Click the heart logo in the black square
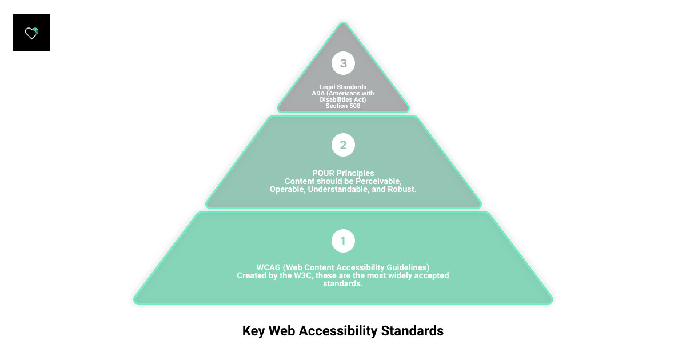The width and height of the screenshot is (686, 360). tap(31, 33)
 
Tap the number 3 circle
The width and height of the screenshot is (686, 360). tap(343, 63)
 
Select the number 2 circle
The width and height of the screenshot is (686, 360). tap(343, 145)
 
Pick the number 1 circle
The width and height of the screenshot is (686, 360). tap(343, 241)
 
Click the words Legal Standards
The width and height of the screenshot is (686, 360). tap(343, 87)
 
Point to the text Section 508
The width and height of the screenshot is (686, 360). tap(343, 106)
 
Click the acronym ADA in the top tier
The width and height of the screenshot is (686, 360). tap(318, 93)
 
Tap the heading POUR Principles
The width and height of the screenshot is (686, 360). tap(343, 173)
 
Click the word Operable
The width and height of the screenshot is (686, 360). tap(287, 189)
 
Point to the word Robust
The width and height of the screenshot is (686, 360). tap(402, 189)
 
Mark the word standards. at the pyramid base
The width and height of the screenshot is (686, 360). tap(343, 283)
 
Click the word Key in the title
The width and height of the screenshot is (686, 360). tap(254, 331)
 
